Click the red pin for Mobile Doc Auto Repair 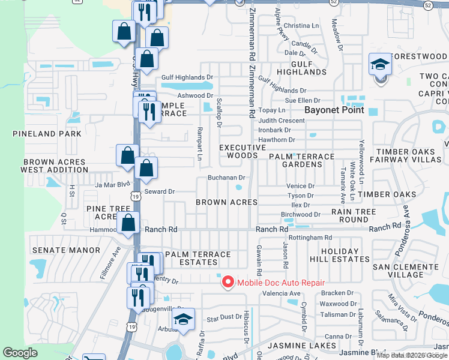coord(228,282)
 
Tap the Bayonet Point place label coord(334,110)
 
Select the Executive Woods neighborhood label coord(243,151)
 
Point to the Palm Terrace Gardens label coord(301,160)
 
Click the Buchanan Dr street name coord(226,178)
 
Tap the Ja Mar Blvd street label coord(113,185)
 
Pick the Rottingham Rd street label coord(310,238)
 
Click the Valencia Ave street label coord(282,293)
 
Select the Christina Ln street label coord(301,26)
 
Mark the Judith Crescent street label coord(282,121)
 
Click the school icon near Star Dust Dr coord(184,319)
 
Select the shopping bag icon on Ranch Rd coord(128,223)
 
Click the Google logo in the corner coord(20,353)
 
